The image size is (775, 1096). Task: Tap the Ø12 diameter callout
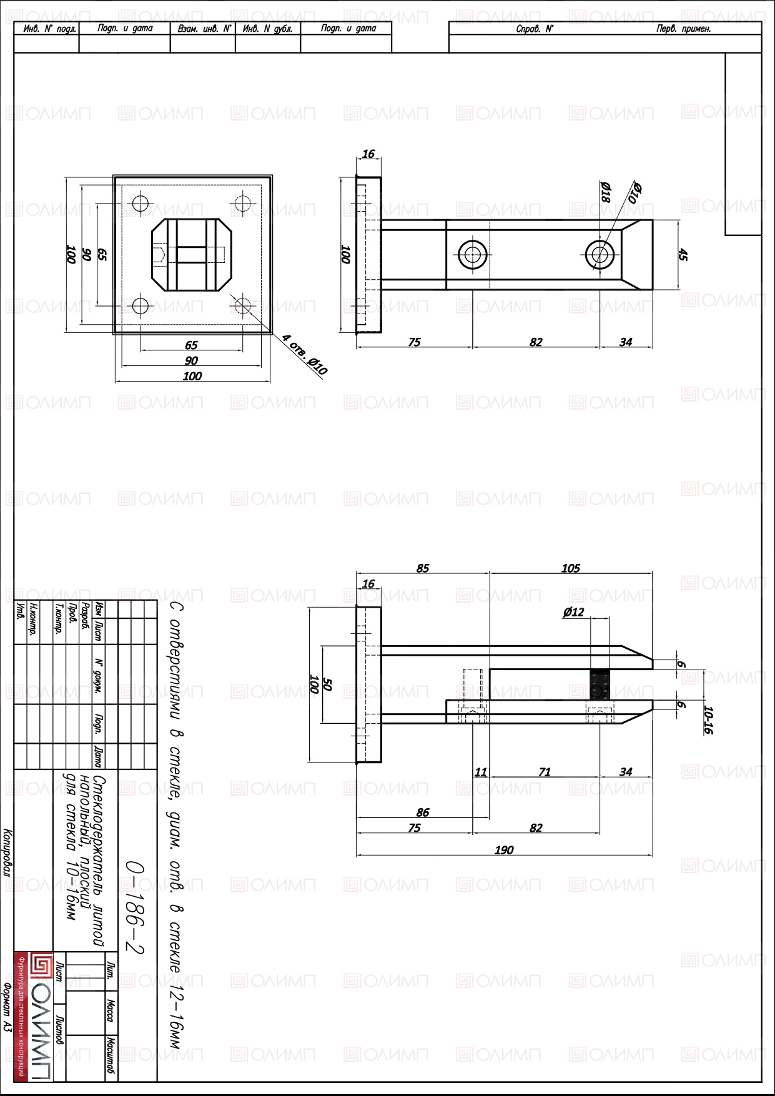[573, 612]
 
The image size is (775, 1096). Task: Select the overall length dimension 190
[504, 850]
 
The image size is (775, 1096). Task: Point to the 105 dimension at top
[571, 568]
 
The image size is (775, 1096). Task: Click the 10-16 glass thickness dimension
[708, 720]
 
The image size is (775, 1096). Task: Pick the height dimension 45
[683, 255]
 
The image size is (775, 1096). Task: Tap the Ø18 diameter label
[605, 192]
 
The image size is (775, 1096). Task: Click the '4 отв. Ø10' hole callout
[305, 355]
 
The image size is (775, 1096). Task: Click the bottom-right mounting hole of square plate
[243, 307]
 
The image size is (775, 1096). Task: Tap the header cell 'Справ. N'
[535, 29]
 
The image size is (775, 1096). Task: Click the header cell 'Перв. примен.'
[684, 29]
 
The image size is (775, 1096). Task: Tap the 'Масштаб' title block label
[111, 1056]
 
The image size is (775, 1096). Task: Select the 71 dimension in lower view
[545, 773]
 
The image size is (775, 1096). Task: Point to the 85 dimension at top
[423, 568]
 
